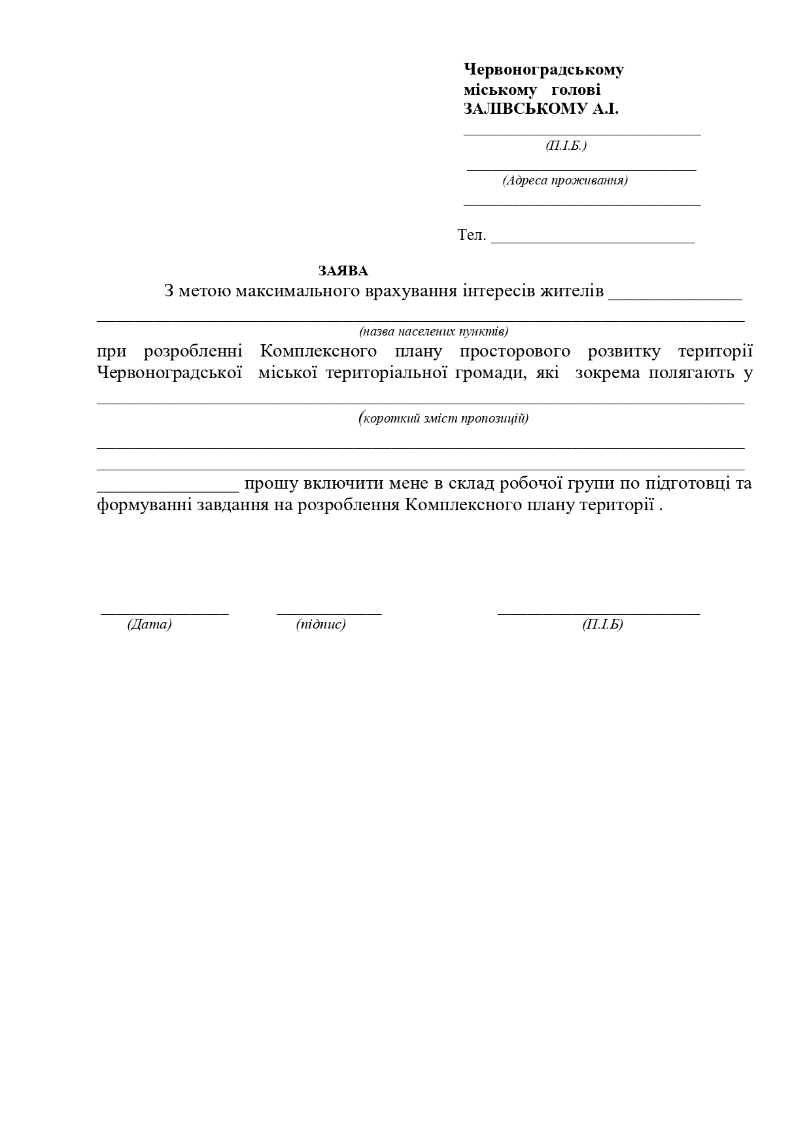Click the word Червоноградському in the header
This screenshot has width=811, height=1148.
pyautogui.click(x=544, y=69)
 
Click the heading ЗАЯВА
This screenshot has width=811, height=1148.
pyautogui.click(x=343, y=271)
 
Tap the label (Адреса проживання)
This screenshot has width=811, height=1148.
pyautogui.click(x=565, y=181)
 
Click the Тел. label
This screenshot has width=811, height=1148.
pyautogui.click(x=472, y=235)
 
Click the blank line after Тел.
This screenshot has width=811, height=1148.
pyautogui.click(x=593, y=241)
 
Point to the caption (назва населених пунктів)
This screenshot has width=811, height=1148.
pyautogui.click(x=434, y=331)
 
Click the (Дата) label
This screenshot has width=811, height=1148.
pyautogui.click(x=149, y=624)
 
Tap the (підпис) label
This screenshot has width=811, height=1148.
pyautogui.click(x=320, y=624)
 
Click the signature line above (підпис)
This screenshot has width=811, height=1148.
pyautogui.click(x=329, y=613)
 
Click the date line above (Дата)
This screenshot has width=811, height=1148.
pyautogui.click(x=164, y=613)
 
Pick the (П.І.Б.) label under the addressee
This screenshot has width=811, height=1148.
pyautogui.click(x=566, y=145)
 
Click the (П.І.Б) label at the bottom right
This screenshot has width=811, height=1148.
pyautogui.click(x=602, y=624)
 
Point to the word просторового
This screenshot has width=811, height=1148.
pyautogui.click(x=514, y=351)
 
